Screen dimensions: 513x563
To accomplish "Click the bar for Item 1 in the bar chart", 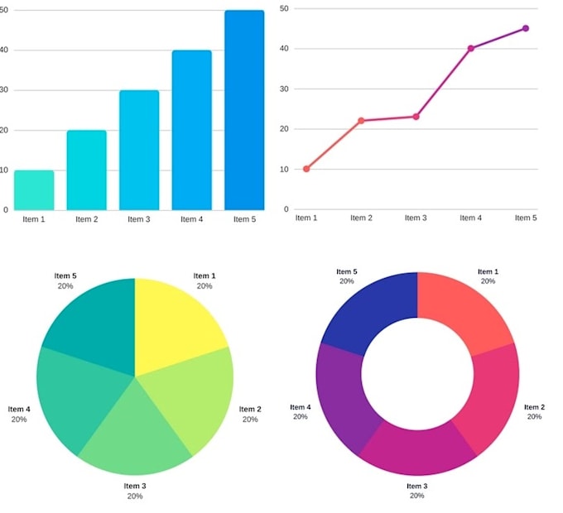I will click(x=34, y=190).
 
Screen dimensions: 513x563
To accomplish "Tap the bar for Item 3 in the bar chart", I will click(x=139, y=150).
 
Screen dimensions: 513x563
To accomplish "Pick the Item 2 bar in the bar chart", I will click(x=87, y=170).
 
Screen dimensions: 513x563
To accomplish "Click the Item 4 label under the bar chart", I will click(x=191, y=219).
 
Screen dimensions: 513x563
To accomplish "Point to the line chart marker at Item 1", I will click(x=306, y=169).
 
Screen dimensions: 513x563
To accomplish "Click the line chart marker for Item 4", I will click(x=471, y=48).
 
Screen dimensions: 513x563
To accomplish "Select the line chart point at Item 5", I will click(x=525, y=28).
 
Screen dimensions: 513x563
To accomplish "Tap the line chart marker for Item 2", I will click(x=361, y=121).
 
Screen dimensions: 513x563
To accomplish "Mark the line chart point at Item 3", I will click(x=416, y=117).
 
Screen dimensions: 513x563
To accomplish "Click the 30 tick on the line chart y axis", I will click(x=284, y=89).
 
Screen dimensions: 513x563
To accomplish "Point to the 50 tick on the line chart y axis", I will click(x=284, y=8).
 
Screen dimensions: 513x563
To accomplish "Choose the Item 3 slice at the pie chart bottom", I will click(x=135, y=434).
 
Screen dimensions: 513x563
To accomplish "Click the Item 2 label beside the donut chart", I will click(x=534, y=407).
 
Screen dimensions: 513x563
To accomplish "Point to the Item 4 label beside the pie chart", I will click(x=19, y=409).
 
